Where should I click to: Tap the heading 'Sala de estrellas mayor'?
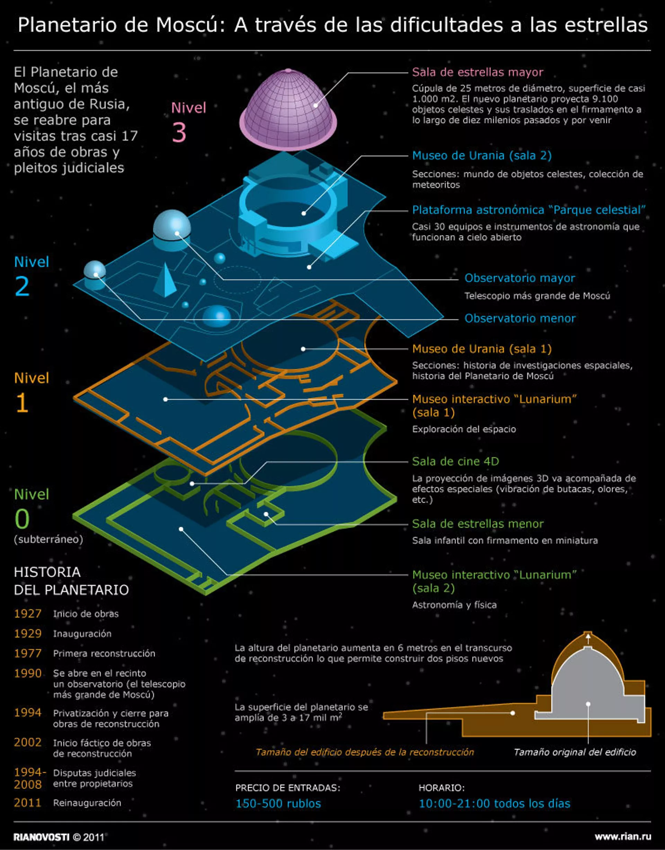click(x=477, y=72)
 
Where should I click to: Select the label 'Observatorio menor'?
click(x=520, y=319)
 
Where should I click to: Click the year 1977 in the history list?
click(x=28, y=653)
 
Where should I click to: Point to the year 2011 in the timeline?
click(x=28, y=803)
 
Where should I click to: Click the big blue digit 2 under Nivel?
click(x=22, y=286)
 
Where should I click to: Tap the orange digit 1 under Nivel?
click(x=22, y=402)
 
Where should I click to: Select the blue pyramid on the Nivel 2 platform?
click(x=165, y=280)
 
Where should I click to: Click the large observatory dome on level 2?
click(x=172, y=230)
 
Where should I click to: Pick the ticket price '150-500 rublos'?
click(x=278, y=804)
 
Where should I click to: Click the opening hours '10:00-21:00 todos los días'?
click(x=494, y=804)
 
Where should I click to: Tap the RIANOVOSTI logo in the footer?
click(x=42, y=837)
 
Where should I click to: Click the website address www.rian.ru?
click(x=622, y=837)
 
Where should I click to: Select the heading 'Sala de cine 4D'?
click(x=455, y=461)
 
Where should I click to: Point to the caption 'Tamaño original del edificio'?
click(x=575, y=752)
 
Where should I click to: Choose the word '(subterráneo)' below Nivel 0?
click(x=48, y=539)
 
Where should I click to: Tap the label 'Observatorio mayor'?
click(x=520, y=278)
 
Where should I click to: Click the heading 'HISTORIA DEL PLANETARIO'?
click(x=71, y=581)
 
